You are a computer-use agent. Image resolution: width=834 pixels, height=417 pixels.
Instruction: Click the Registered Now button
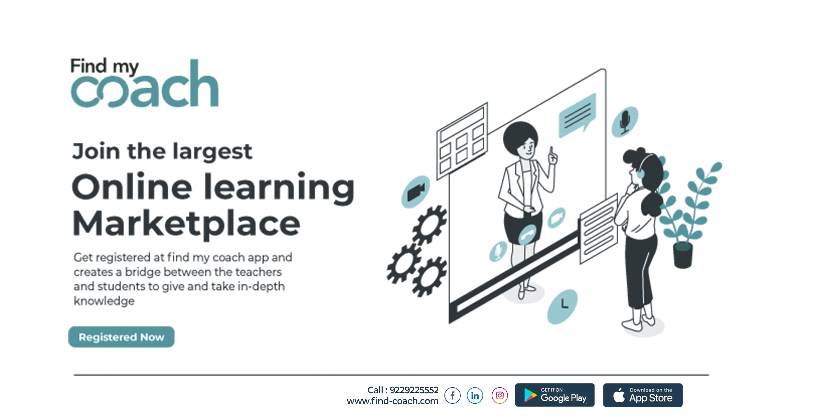(121, 337)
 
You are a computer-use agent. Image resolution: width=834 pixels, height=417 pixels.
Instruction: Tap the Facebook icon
(452, 395)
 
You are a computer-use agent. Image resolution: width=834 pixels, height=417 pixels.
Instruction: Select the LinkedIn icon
(475, 395)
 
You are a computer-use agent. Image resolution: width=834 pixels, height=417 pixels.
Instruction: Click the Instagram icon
(500, 395)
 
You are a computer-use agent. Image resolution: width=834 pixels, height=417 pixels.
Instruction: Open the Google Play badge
(555, 395)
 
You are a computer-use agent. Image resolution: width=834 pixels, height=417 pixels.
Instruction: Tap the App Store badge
(643, 395)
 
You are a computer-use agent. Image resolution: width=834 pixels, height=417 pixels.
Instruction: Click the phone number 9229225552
(414, 390)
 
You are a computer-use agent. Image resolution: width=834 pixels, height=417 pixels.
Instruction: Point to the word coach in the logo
(145, 84)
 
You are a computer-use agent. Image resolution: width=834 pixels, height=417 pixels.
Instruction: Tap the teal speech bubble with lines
(577, 116)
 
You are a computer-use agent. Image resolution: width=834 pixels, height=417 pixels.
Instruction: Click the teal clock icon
(562, 306)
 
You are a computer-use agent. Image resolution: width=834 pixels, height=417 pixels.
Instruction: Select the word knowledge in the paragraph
(104, 301)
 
